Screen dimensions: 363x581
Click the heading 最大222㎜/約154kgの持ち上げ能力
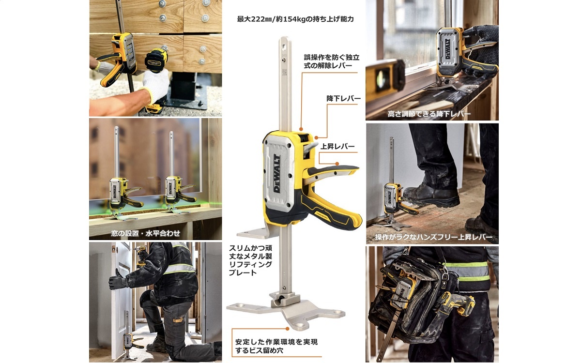pyautogui.click(x=295, y=19)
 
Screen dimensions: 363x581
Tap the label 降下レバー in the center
pyautogui.click(x=343, y=99)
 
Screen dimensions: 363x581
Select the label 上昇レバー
pyautogui.click(x=338, y=146)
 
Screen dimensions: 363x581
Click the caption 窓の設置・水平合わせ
pyautogui.click(x=145, y=233)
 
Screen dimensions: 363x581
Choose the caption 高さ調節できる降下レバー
pyautogui.click(x=429, y=115)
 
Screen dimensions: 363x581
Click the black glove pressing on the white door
pyautogui.click(x=118, y=279)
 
